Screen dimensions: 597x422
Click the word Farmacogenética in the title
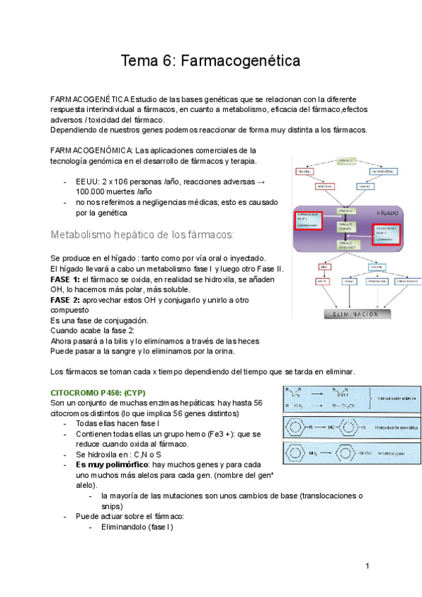pyautogui.click(x=241, y=61)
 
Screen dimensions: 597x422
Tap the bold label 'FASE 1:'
pyautogui.click(x=65, y=279)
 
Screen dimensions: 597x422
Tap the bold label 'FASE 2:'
pyautogui.click(x=65, y=299)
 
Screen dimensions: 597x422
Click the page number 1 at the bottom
pyautogui.click(x=367, y=567)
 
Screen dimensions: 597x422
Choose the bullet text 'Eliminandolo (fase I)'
pyautogui.click(x=136, y=527)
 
